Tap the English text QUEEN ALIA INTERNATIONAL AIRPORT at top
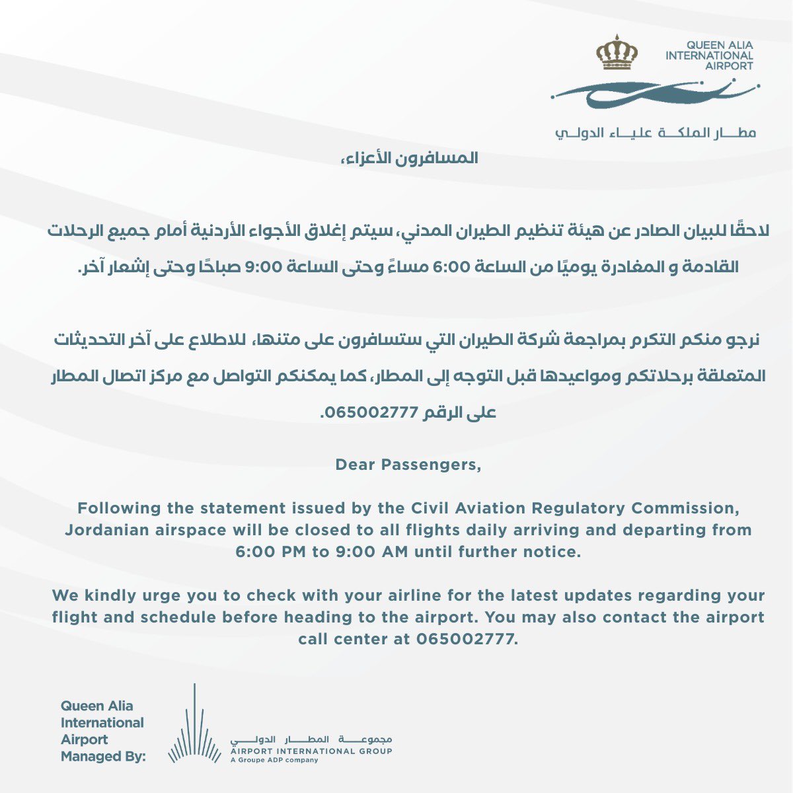[x=709, y=56]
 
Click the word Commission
[x=687, y=509]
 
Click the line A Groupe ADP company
[x=274, y=760]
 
